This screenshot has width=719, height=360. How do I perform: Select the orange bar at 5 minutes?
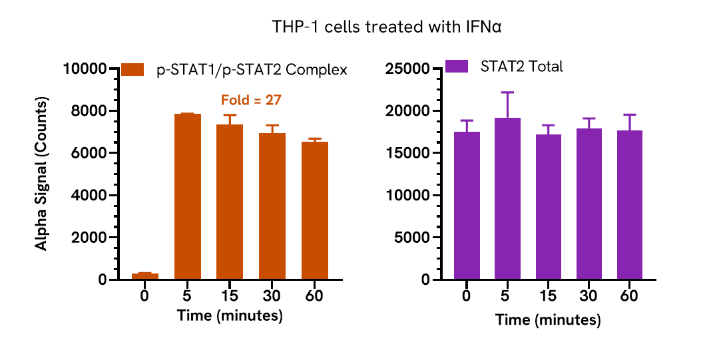pyautogui.click(x=187, y=196)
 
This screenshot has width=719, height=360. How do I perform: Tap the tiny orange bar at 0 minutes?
pyautogui.click(x=144, y=276)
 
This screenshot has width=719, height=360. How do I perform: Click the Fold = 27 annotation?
pyautogui.click(x=251, y=100)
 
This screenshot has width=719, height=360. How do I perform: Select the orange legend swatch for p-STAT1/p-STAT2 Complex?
pyautogui.click(x=132, y=70)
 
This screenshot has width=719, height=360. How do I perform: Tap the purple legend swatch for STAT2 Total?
pyautogui.click(x=457, y=67)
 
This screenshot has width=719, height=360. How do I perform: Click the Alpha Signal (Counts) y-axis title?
pyautogui.click(x=41, y=174)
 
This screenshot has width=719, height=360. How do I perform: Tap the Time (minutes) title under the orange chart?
pyautogui.click(x=230, y=315)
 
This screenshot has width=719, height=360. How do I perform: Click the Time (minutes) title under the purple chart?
pyautogui.click(x=548, y=320)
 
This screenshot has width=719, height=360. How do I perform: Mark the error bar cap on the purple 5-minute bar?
pyautogui.click(x=507, y=92)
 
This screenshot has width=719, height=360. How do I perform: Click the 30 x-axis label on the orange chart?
pyautogui.click(x=272, y=296)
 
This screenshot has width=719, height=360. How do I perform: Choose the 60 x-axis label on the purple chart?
pyautogui.click(x=629, y=296)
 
